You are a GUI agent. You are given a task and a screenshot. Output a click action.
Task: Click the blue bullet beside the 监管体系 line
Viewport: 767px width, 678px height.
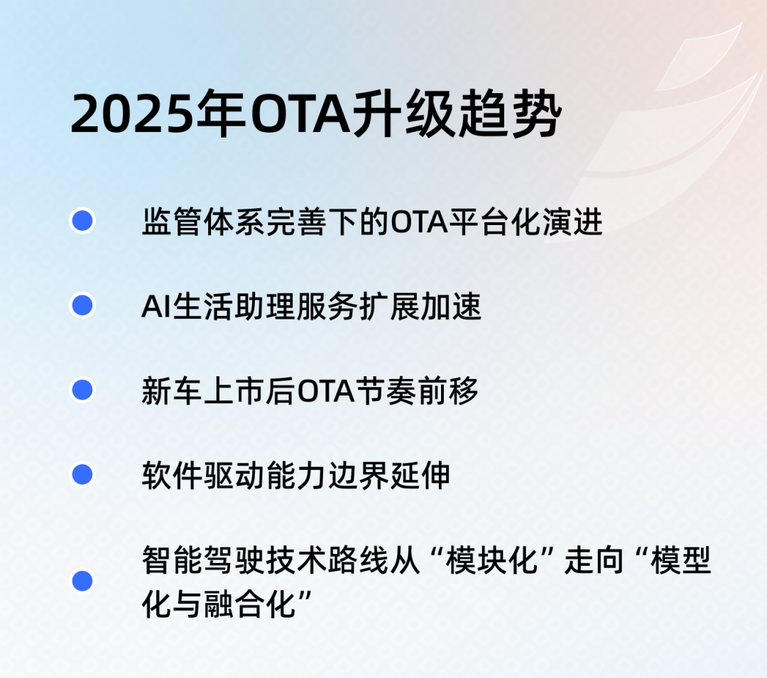click(x=82, y=222)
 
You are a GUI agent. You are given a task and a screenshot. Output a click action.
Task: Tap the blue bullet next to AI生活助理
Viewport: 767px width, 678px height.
click(x=82, y=306)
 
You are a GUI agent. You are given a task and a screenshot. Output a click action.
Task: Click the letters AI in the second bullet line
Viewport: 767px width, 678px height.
click(x=153, y=307)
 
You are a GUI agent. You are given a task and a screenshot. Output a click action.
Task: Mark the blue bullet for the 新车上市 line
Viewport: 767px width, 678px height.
click(x=82, y=390)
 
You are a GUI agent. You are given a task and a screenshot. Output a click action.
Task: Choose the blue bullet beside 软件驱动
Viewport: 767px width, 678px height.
click(x=82, y=474)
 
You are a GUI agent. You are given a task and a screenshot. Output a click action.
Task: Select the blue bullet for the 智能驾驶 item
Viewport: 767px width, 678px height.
click(x=82, y=581)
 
